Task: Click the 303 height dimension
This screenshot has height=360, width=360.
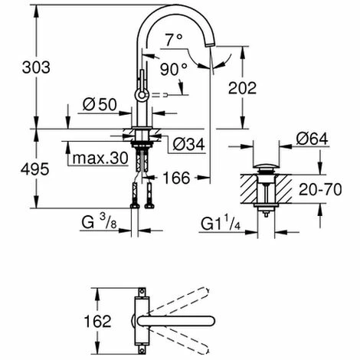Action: pyautogui.click(x=36, y=67)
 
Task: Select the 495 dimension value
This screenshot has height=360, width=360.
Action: pyautogui.click(x=34, y=169)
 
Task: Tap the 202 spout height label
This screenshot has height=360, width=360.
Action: pyautogui.click(x=242, y=88)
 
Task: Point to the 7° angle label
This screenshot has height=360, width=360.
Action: pyautogui.click(x=174, y=40)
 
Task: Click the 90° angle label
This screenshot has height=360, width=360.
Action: pyautogui.click(x=174, y=69)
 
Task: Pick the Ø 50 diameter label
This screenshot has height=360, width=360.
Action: pyautogui.click(x=100, y=104)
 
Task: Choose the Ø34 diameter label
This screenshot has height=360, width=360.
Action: pyautogui.click(x=188, y=144)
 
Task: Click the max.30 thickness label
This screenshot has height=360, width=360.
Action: pyautogui.click(x=100, y=159)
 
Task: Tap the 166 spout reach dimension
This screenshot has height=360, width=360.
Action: pyautogui.click(x=177, y=178)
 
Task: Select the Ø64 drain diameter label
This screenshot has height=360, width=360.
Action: pyautogui.click(x=312, y=139)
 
